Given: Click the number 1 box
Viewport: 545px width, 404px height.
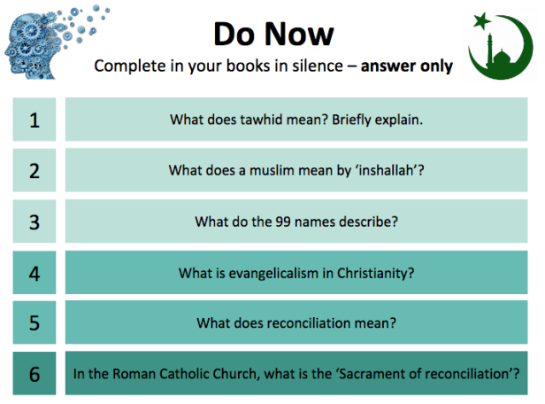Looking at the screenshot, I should point(35,119).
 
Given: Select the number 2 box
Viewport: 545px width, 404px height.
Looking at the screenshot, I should point(35,170).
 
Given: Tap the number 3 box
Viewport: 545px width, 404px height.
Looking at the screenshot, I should point(35,221).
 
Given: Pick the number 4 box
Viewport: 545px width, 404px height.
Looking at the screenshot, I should point(35,272).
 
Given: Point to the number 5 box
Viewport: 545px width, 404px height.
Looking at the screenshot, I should point(35,322).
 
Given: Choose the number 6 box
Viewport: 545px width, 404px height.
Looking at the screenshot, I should point(35,373).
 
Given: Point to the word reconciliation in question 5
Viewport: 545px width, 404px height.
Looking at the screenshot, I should point(300,322).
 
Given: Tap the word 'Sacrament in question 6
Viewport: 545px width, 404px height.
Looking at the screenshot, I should point(376,373).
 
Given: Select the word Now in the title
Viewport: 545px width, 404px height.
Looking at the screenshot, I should point(300,34).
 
